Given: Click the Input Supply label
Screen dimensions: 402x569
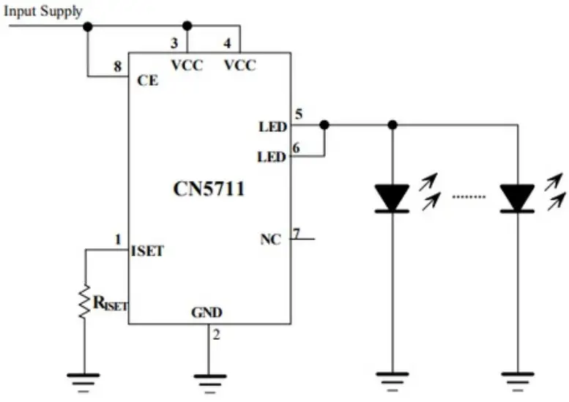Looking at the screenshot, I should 43,11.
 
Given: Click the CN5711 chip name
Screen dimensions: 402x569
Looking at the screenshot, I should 209,189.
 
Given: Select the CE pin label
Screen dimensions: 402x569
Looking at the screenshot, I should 147,81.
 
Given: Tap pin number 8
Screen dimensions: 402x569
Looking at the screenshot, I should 117,67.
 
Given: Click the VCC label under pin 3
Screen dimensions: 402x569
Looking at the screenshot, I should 187,65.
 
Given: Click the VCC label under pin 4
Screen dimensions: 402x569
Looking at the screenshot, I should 240,65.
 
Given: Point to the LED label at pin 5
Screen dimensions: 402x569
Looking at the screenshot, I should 272,127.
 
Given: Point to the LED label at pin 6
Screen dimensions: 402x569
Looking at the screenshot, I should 272,157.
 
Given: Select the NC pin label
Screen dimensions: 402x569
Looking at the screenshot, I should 270,239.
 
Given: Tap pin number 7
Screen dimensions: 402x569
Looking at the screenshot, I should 296,234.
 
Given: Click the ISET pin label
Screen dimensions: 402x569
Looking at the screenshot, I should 147,251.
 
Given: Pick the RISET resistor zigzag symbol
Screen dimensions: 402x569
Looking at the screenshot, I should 85,302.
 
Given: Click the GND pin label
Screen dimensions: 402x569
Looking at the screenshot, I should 207,313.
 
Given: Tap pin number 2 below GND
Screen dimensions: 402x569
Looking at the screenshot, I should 216,335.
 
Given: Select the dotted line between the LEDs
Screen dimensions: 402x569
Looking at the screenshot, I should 469,196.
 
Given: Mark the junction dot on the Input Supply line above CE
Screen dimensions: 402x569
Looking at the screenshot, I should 88,26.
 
